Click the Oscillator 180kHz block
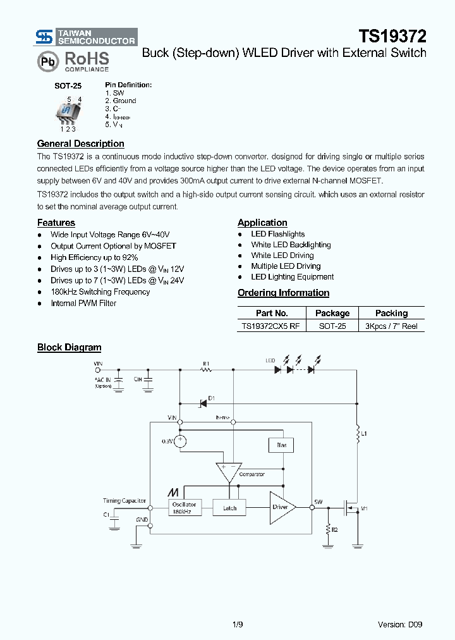185,508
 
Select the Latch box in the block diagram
230,508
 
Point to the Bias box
281,445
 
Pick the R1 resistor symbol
206,370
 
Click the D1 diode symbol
203,402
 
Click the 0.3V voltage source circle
180,441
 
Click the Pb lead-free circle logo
47,61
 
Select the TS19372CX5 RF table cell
272,326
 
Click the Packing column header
391,313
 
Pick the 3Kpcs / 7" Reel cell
391,326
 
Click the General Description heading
80,144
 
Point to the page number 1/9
237,624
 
